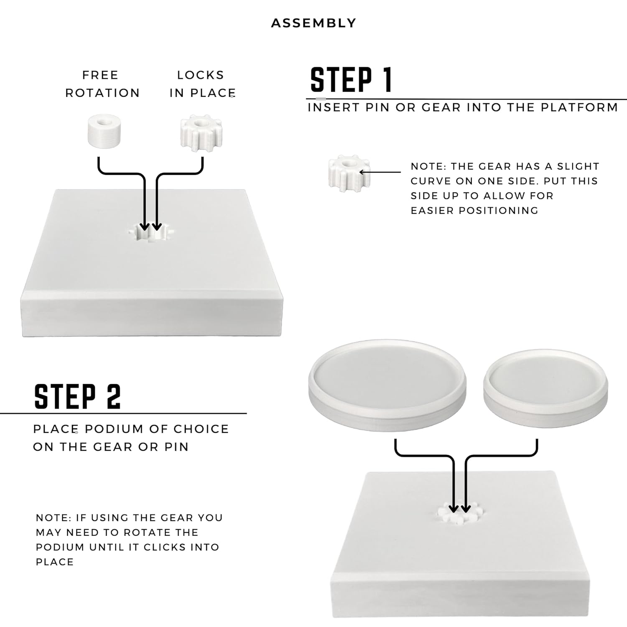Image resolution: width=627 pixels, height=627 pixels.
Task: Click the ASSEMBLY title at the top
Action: click(x=313, y=23)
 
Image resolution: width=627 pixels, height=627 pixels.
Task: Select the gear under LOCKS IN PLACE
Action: click(x=201, y=133)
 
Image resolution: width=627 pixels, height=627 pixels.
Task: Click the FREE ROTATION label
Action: click(x=102, y=84)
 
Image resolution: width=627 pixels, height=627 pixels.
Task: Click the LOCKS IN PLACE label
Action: click(x=202, y=84)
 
